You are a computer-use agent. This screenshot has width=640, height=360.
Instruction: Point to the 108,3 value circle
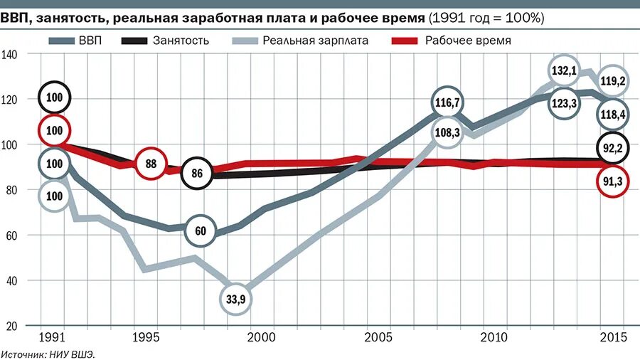point(447,132)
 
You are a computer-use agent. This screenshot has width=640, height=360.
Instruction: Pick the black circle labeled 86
point(197,173)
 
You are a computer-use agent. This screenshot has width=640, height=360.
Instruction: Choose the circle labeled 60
point(201,231)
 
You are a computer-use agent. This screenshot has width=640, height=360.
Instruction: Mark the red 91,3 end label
point(612,181)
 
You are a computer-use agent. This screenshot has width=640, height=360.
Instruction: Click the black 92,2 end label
point(612,149)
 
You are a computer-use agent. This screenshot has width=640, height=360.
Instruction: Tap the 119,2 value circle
point(612,81)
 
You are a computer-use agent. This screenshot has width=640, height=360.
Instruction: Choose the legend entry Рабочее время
point(452,41)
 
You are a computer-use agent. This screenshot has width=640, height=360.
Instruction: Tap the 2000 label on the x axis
point(260,337)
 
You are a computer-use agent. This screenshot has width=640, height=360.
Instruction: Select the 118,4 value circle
point(612,114)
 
